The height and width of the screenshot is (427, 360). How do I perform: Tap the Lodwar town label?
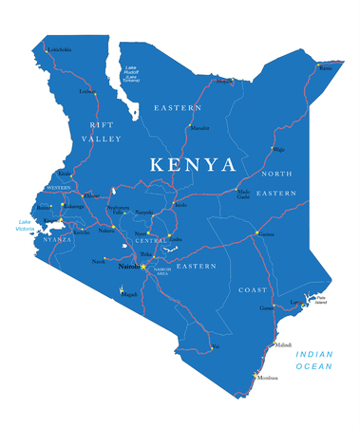coord(88,92)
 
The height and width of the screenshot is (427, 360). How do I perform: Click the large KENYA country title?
coord(193,164)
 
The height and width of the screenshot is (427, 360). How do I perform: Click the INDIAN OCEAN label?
coord(314,360)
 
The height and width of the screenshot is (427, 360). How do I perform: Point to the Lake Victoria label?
coord(25,226)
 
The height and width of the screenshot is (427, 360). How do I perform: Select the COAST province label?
coord(253,289)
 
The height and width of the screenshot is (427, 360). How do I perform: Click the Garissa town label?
coord(265,233)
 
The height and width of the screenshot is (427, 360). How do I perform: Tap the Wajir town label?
coord(278,149)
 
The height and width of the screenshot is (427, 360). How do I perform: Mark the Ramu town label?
coord(327,68)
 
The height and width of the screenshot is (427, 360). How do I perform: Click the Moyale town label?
coord(224,82)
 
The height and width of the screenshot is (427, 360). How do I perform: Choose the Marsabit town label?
coord(199,127)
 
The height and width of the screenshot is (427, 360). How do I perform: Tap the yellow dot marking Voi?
coord(211,347)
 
